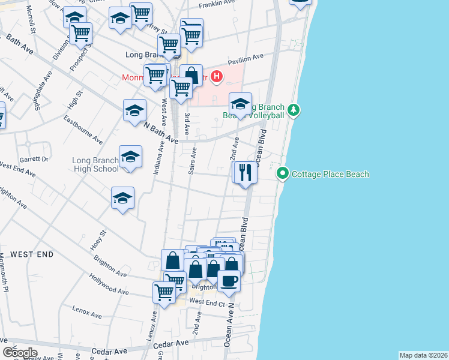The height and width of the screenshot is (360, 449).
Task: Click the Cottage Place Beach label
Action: (x=330, y=174)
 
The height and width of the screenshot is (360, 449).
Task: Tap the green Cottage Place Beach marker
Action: (x=284, y=174)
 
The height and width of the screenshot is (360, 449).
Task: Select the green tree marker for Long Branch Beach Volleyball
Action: (x=294, y=110)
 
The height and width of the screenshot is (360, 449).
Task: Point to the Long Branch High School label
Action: (x=95, y=164)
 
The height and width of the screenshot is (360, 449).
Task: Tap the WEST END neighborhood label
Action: (x=31, y=254)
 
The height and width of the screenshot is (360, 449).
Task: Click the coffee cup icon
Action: (x=229, y=280)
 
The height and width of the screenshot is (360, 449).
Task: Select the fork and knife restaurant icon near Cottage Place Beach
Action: (x=245, y=173)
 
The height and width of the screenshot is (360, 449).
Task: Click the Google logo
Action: (x=20, y=352)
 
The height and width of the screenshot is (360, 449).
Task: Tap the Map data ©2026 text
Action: (x=423, y=355)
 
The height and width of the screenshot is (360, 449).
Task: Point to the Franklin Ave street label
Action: (x=217, y=3)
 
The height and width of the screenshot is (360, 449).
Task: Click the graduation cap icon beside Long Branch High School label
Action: (x=130, y=157)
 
